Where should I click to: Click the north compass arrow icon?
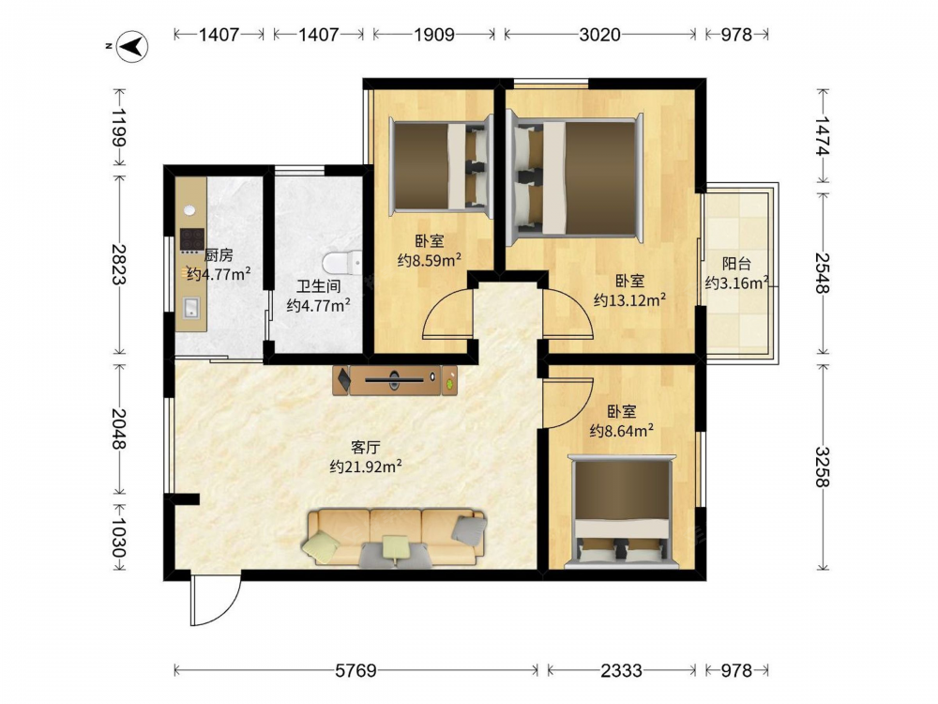click(x=132, y=46)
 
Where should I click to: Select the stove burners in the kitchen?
click(x=192, y=239)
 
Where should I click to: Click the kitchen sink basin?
click(x=191, y=307)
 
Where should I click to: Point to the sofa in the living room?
click(x=396, y=537)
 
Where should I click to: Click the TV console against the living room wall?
click(x=395, y=380)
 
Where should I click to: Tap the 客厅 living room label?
click(x=366, y=447)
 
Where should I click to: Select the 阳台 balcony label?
click(x=736, y=264)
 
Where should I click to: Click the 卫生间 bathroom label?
click(x=318, y=286)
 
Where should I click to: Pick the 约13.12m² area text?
click(x=629, y=299)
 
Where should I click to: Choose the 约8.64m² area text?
click(x=621, y=431)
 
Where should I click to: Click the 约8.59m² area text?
click(x=429, y=260)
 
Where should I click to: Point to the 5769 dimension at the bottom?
click(x=356, y=670)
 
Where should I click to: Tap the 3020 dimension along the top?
click(x=599, y=35)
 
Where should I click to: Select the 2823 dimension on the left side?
click(x=120, y=264)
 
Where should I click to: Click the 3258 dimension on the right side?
click(x=823, y=467)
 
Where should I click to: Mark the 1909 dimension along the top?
click(x=434, y=35)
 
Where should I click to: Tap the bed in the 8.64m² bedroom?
click(x=622, y=512)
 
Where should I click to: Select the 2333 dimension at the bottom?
click(x=621, y=670)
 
